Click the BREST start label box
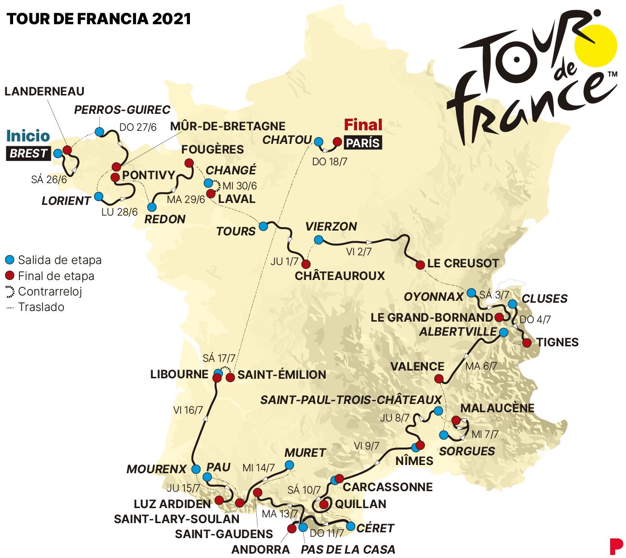coord(29,154)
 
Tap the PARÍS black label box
coord(362,143)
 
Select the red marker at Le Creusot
coord(421,264)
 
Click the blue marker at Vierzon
coord(318,240)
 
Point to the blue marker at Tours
coord(263,226)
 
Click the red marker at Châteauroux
coord(306,264)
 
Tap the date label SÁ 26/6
coord(49,180)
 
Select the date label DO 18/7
coord(329,162)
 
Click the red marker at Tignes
coord(527,343)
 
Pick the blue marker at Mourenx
coord(196,469)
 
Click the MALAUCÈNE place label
coord(497,408)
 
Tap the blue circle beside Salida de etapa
coord(9,260)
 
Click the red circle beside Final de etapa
coord(9,276)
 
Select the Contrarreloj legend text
coord(50,292)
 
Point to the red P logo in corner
coord(615,546)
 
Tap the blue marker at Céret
coord(350,526)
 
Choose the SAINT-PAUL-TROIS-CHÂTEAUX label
coord(351,400)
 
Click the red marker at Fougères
coord(189,163)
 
